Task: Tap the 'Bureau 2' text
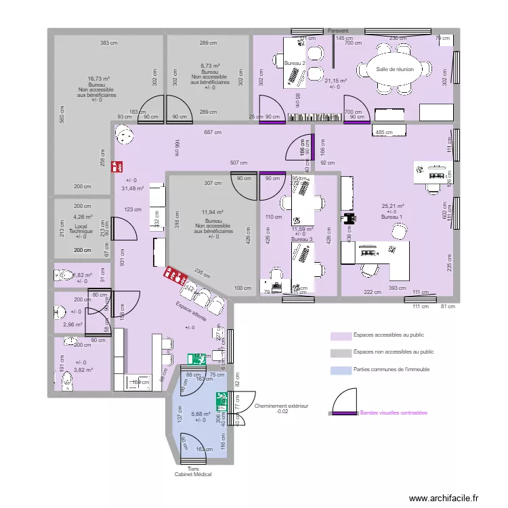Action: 295,63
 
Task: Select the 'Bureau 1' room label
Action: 391,217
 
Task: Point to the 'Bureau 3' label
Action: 302,240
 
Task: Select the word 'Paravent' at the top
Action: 337,31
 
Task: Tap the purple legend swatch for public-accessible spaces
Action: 340,335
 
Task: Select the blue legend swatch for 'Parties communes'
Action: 340,370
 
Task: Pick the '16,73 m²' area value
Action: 99,79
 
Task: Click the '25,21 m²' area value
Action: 392,206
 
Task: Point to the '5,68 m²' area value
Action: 200,414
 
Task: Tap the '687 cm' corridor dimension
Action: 213,133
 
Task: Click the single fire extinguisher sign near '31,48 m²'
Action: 118,165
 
